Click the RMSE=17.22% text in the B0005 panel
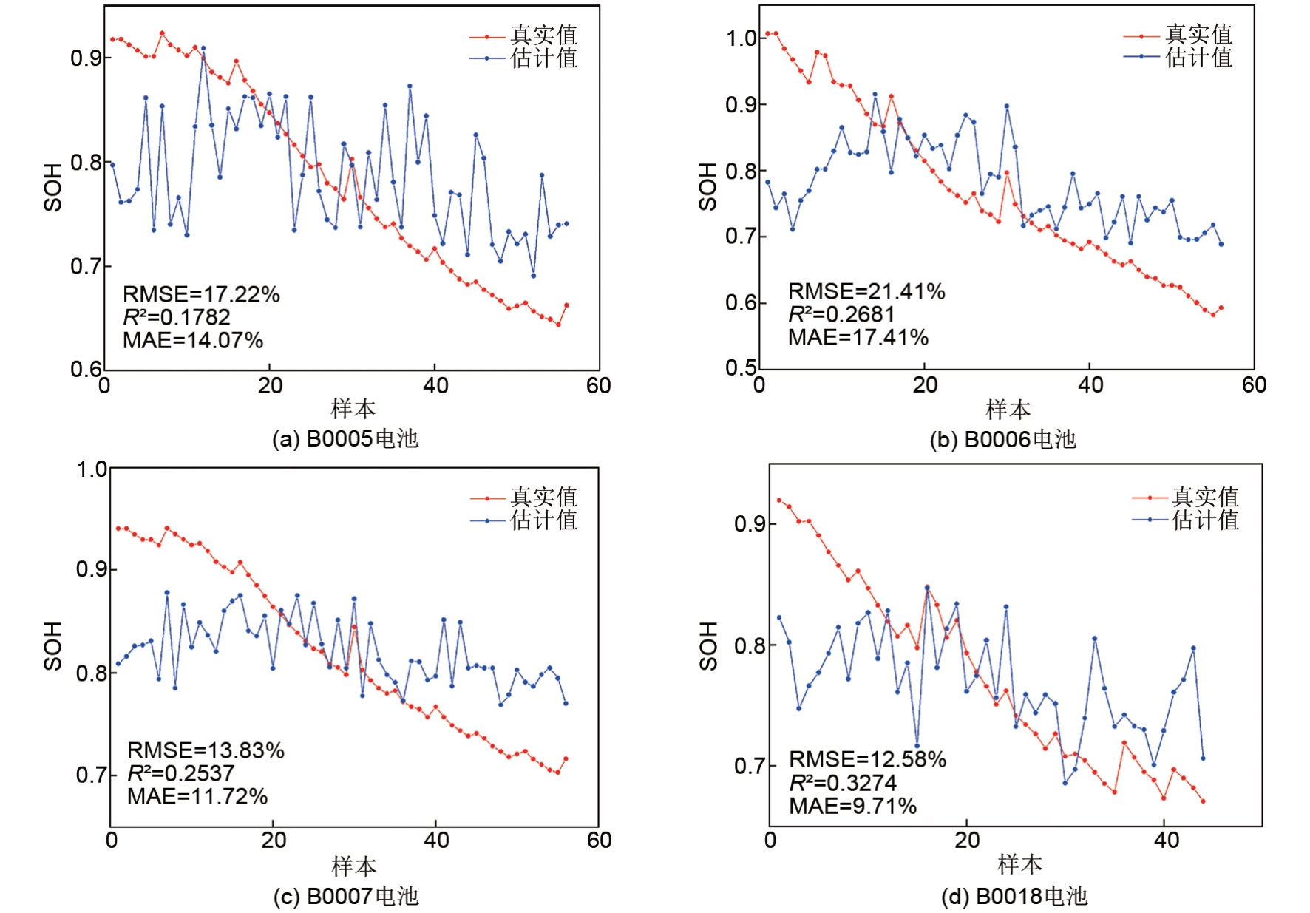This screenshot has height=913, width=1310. [x=201, y=294]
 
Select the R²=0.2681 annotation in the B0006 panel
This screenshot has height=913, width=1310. [x=841, y=314]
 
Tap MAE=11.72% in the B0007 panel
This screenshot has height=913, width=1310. [x=197, y=796]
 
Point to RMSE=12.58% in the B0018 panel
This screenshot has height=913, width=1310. [x=867, y=759]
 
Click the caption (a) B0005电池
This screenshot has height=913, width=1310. [x=345, y=439]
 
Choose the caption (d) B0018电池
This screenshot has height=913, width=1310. [x=1014, y=897]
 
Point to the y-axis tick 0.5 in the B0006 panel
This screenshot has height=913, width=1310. [x=741, y=368]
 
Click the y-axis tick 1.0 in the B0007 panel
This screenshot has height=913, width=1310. [x=92, y=469]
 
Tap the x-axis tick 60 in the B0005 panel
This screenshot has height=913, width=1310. [x=598, y=385]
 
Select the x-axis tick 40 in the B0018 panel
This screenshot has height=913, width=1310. [x=1167, y=840]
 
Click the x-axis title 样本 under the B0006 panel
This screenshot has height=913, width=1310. [x=1008, y=409]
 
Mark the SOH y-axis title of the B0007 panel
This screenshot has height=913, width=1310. [x=52, y=645]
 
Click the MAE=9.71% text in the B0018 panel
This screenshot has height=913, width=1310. [x=852, y=806]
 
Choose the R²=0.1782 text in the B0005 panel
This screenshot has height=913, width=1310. [x=176, y=317]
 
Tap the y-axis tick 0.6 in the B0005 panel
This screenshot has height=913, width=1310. [x=86, y=369]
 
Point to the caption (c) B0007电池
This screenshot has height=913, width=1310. [x=346, y=897]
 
